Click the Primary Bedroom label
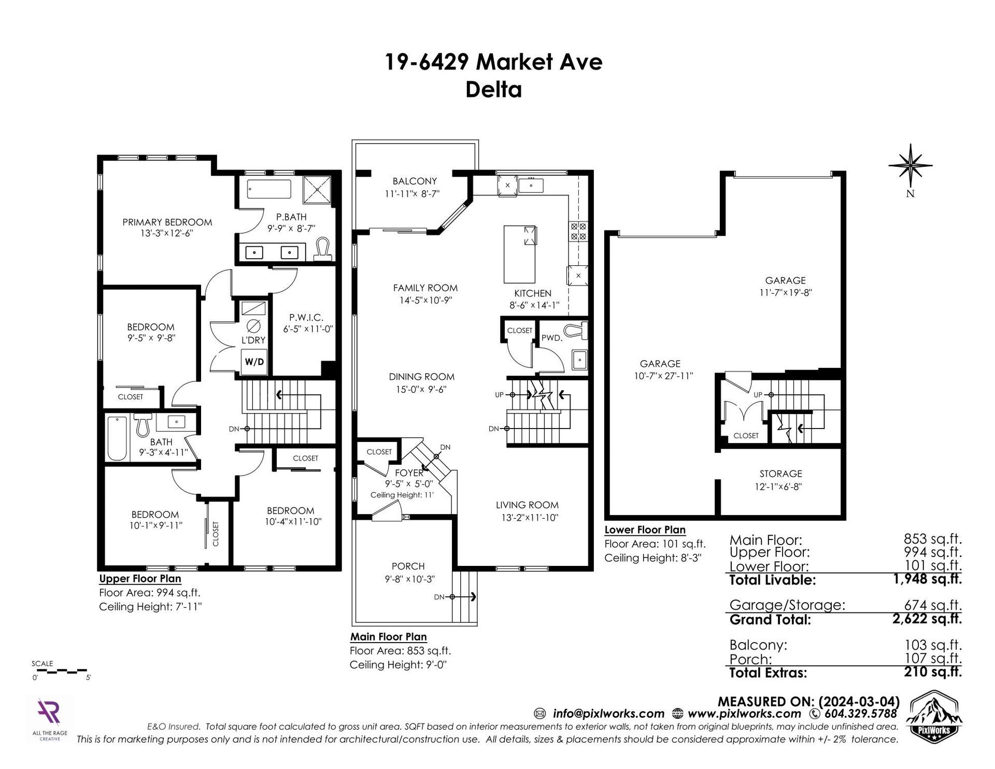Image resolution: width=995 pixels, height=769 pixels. pos(167,222)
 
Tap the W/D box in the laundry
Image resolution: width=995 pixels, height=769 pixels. pos(254,362)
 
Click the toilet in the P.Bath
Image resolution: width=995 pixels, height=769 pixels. pos(323,249)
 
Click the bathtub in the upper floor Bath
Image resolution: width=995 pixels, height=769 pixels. pos(117,438)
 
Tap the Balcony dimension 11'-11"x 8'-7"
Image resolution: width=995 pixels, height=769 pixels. pos(415,194)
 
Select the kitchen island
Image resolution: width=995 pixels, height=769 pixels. pos(520,254)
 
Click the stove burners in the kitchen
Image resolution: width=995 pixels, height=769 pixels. pos(578,231)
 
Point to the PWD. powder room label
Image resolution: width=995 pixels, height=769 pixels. pos(552,338)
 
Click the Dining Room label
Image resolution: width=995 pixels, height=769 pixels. pos(422,377)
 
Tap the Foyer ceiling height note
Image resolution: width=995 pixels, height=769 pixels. pos(402,495)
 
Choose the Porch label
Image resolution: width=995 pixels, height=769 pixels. pos(408,566)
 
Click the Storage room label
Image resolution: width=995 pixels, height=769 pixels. pos(780,474)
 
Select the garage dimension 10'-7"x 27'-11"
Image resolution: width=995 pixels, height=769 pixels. pos(663,376)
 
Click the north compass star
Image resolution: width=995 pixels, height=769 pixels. pos(910,165)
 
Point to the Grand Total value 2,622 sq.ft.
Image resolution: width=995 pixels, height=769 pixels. pos(927,619)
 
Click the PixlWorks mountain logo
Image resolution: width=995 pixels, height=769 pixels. pos(932,716)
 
